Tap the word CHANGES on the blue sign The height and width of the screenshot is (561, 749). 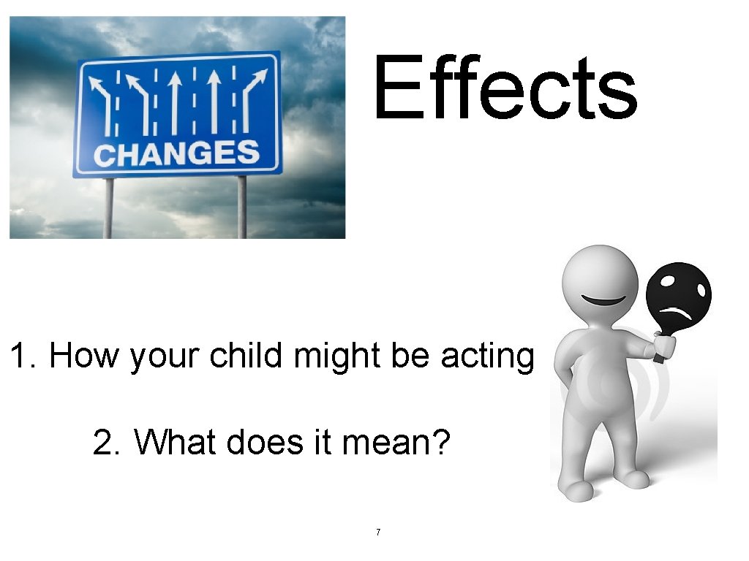176,154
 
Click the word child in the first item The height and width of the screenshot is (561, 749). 243,356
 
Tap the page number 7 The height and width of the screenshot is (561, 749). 377,532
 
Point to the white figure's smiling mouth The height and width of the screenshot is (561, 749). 603,300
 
